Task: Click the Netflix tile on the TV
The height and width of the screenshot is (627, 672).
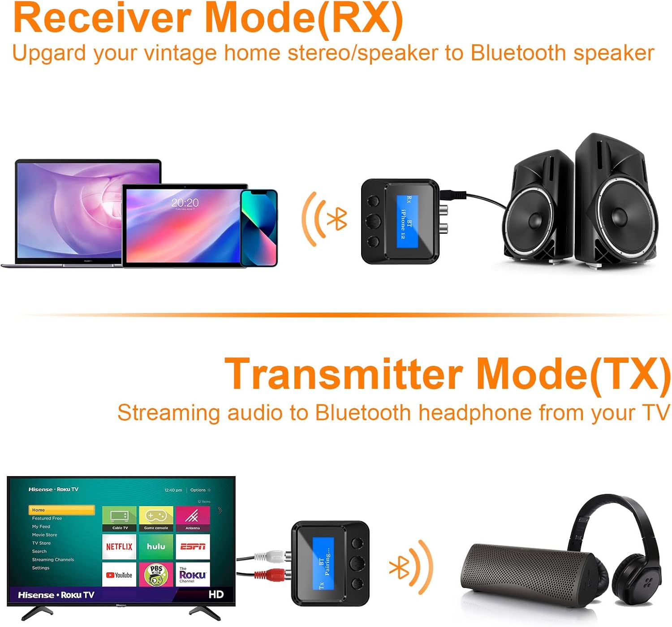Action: tap(119, 547)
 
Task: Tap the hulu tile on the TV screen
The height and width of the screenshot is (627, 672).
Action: tap(156, 547)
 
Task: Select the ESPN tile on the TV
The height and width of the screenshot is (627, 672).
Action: tap(193, 547)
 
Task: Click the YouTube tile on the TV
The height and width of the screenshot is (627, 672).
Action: tap(119, 575)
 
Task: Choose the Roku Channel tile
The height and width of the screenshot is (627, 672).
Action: tap(193, 575)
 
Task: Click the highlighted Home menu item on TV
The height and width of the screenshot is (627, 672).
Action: tap(61, 510)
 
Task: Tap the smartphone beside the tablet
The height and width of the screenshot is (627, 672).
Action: tap(259, 228)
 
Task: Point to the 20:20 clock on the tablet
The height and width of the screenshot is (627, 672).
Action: tap(185, 203)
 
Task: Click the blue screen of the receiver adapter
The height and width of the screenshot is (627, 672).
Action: tap(407, 221)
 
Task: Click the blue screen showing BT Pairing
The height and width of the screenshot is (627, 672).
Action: tap(323, 563)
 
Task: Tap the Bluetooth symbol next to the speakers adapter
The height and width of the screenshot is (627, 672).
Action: tap(337, 219)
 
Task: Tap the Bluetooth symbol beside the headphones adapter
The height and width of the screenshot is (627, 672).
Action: tap(399, 568)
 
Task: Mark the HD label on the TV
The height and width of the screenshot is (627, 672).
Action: tap(216, 594)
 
